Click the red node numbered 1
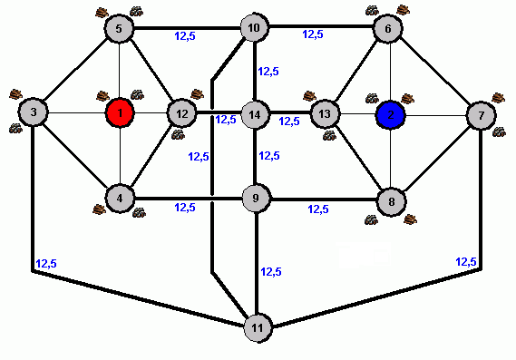(120, 112)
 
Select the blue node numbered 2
(390, 115)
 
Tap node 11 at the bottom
(258, 327)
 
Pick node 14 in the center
(255, 114)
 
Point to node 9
(256, 198)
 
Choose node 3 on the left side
(33, 112)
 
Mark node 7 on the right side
(482, 115)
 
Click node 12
(181, 113)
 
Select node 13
(325, 114)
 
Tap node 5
(119, 28)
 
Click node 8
(391, 201)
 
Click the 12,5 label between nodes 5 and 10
(185, 36)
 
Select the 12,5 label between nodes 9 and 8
(318, 209)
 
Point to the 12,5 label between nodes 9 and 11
(271, 272)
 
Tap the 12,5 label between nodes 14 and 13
(289, 122)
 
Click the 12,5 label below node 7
(466, 262)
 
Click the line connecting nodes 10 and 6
(321, 26)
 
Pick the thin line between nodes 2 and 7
(435, 115)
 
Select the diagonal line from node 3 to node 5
(77, 69)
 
